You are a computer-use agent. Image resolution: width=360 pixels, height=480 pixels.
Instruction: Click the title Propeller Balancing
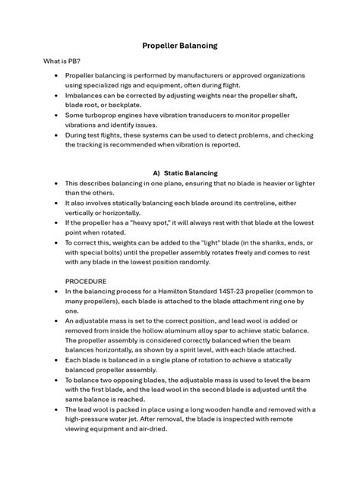180,46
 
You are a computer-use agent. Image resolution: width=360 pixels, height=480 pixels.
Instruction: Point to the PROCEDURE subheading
86,279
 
